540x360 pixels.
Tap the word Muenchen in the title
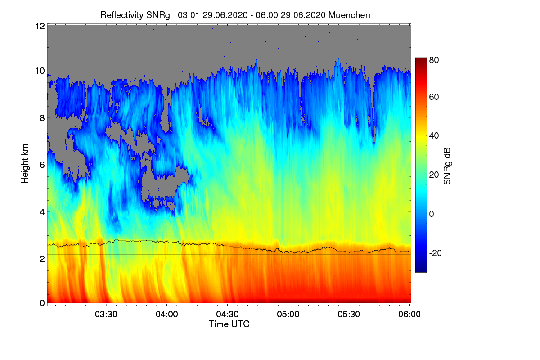pos(349,15)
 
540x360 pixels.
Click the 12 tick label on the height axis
pos(40,26)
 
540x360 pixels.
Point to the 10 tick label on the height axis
pos(40,71)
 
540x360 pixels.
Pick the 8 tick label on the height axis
pos(42,118)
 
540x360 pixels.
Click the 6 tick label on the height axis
pos(42,165)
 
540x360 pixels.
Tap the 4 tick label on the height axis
pos(42,212)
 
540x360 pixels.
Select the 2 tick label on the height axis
pos(42,259)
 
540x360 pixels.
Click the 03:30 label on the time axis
pos(106,314)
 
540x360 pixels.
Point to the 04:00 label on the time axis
pos(167,314)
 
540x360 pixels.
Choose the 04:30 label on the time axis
pos(227,314)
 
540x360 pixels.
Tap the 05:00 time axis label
pos(288,314)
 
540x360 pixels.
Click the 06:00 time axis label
pos(409,314)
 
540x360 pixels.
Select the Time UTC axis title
pos(229,324)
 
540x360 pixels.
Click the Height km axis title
pos(25,164)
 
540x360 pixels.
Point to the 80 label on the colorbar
pos(434,60)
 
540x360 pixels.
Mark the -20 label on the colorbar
pos(435,253)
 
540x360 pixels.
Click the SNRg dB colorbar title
pos(447,166)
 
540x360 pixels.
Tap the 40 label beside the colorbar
pos(434,136)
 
